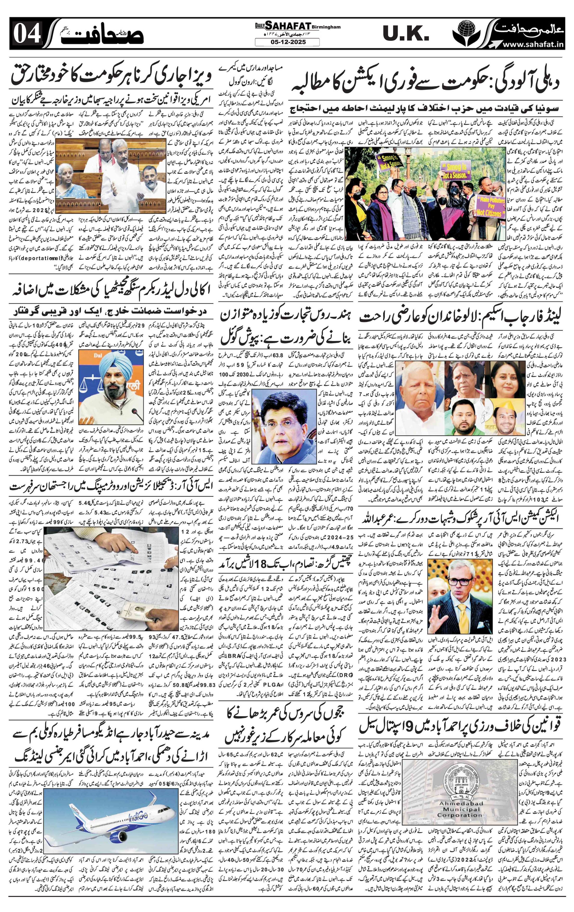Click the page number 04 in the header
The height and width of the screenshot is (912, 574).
(27, 37)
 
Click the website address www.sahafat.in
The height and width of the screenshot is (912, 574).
(533, 45)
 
